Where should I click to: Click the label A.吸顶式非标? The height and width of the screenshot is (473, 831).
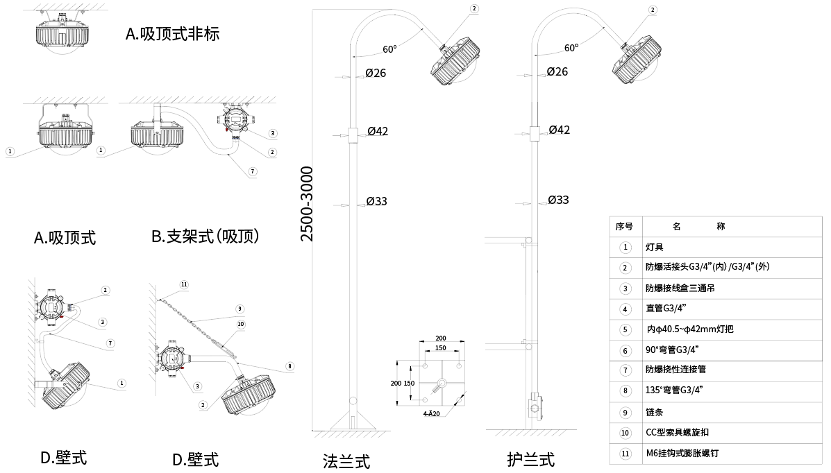click(172, 33)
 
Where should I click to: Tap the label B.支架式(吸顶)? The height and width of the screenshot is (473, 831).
click(205, 236)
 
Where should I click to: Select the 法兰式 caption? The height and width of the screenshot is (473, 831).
click(346, 461)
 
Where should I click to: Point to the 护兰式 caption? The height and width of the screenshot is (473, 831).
click(530, 458)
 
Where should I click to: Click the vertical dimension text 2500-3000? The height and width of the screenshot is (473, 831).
click(306, 204)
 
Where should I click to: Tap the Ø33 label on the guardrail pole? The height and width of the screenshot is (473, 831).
click(558, 200)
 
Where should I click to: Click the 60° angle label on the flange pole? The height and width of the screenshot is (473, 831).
click(389, 49)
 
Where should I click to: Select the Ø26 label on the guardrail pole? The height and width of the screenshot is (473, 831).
click(557, 71)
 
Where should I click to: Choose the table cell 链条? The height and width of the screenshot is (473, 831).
click(654, 412)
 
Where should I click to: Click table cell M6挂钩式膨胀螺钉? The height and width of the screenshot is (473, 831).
click(682, 454)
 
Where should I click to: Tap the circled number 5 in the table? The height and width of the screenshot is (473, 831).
click(626, 329)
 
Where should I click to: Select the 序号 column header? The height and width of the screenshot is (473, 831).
click(624, 226)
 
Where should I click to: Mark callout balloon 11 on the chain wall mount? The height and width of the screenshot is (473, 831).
click(184, 284)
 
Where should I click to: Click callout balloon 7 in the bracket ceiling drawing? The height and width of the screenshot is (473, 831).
click(252, 171)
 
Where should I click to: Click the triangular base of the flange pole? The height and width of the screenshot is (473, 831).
click(353, 421)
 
